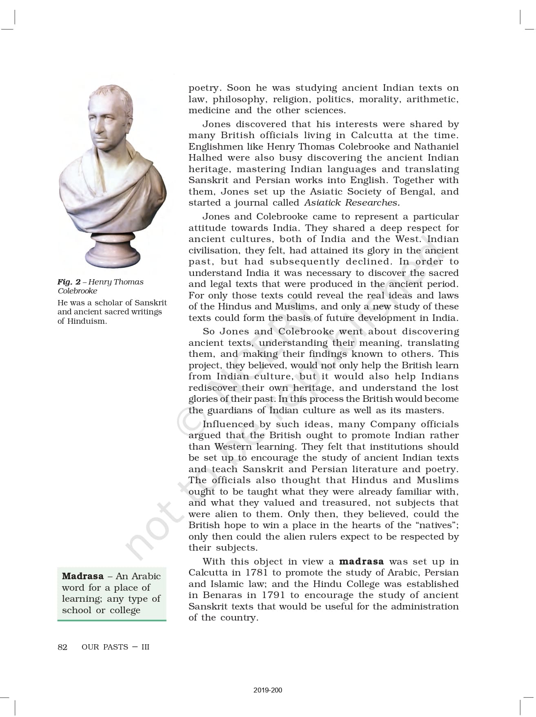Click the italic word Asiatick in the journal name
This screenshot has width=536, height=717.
(x=322, y=203)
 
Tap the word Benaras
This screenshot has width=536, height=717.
(x=225, y=595)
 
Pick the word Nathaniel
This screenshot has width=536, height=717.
(x=436, y=147)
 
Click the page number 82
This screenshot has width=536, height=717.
(x=62, y=647)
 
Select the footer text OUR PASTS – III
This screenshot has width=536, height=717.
(x=116, y=647)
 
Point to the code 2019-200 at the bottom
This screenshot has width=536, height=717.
(x=267, y=690)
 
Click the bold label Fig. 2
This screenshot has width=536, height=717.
(x=69, y=282)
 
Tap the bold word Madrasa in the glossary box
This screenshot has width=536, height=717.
(x=83, y=576)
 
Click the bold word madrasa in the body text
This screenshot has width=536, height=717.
(x=361, y=562)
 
